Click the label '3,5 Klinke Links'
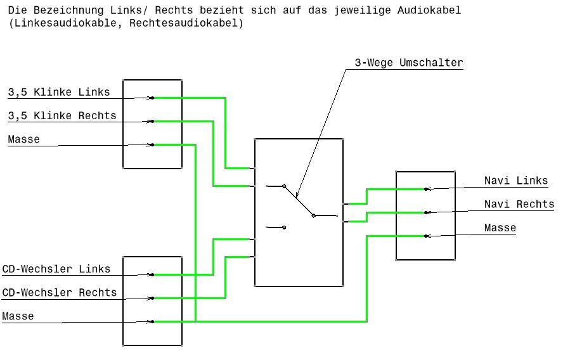[x=59, y=93]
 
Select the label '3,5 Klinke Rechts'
[x=62, y=116]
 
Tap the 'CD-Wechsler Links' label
[x=56, y=269]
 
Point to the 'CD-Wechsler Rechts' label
[x=60, y=293]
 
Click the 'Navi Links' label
[x=516, y=181]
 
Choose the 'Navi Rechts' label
[x=519, y=205]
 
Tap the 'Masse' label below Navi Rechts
[x=500, y=228]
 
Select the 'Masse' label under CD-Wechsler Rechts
[x=18, y=316]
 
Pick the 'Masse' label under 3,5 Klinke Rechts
[x=24, y=139]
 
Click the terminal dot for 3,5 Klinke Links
[x=152, y=98]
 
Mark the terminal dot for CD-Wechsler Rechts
[x=152, y=298]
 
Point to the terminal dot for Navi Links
[x=426, y=189]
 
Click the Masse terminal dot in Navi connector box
[x=426, y=236]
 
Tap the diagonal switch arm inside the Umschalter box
[x=299, y=201]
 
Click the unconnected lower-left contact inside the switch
[x=284, y=227]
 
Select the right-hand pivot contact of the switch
[x=313, y=215]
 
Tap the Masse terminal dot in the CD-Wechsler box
[x=152, y=321]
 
